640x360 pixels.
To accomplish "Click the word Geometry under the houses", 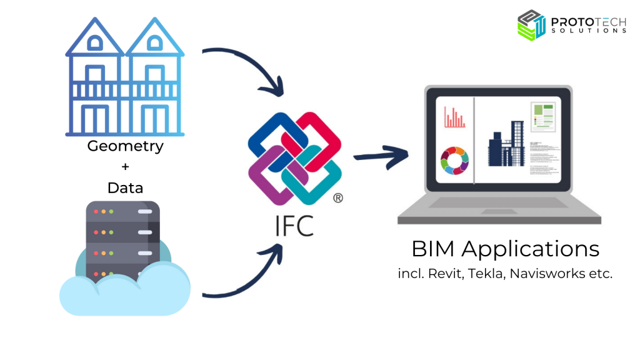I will pyautogui.click(x=125, y=147).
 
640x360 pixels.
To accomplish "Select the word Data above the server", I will pyautogui.click(x=125, y=187).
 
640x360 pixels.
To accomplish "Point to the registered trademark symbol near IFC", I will pyautogui.click(x=337, y=198).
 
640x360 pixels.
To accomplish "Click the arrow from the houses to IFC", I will pyautogui.click(x=250, y=69).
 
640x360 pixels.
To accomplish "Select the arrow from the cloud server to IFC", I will pyautogui.click(x=250, y=275).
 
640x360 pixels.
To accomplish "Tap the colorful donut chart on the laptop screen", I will pyautogui.click(x=454, y=161).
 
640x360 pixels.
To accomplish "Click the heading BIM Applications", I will pyautogui.click(x=505, y=249).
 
